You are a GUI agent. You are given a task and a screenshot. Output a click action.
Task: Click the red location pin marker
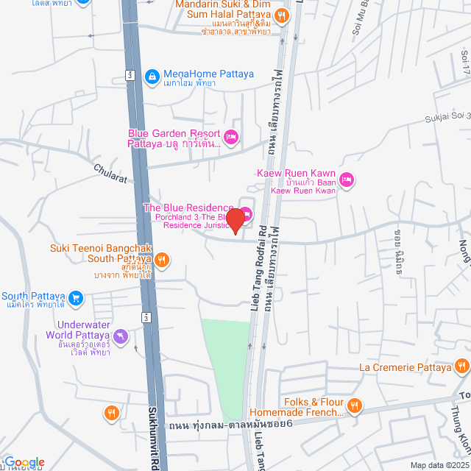(x=235, y=220)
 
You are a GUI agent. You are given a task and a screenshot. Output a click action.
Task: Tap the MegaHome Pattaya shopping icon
(x=152, y=76)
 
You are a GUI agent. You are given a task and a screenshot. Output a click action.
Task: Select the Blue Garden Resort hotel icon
(x=231, y=136)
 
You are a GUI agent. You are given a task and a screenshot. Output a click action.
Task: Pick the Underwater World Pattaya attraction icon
(x=122, y=338)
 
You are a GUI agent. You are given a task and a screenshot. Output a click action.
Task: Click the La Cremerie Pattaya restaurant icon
(x=461, y=366)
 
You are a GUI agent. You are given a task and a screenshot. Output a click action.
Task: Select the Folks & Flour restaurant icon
(x=355, y=405)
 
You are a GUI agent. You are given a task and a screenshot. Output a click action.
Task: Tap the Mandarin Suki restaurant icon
(x=281, y=15)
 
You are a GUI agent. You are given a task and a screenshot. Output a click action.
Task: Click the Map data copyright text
(x=440, y=464)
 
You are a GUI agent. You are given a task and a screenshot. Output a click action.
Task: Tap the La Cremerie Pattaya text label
(x=404, y=366)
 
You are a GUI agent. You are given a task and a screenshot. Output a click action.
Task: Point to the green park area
(x=227, y=368)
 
